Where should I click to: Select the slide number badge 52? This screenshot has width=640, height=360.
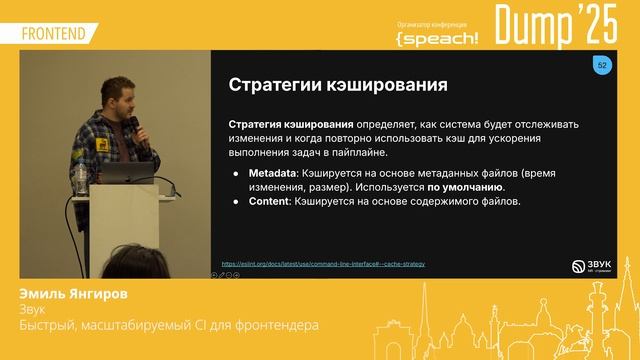tap(602, 65)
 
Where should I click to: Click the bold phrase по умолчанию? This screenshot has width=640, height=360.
tap(466, 187)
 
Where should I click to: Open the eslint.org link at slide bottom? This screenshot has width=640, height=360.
tap(323, 263)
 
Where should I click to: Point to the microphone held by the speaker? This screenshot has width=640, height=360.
tap(134, 128)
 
